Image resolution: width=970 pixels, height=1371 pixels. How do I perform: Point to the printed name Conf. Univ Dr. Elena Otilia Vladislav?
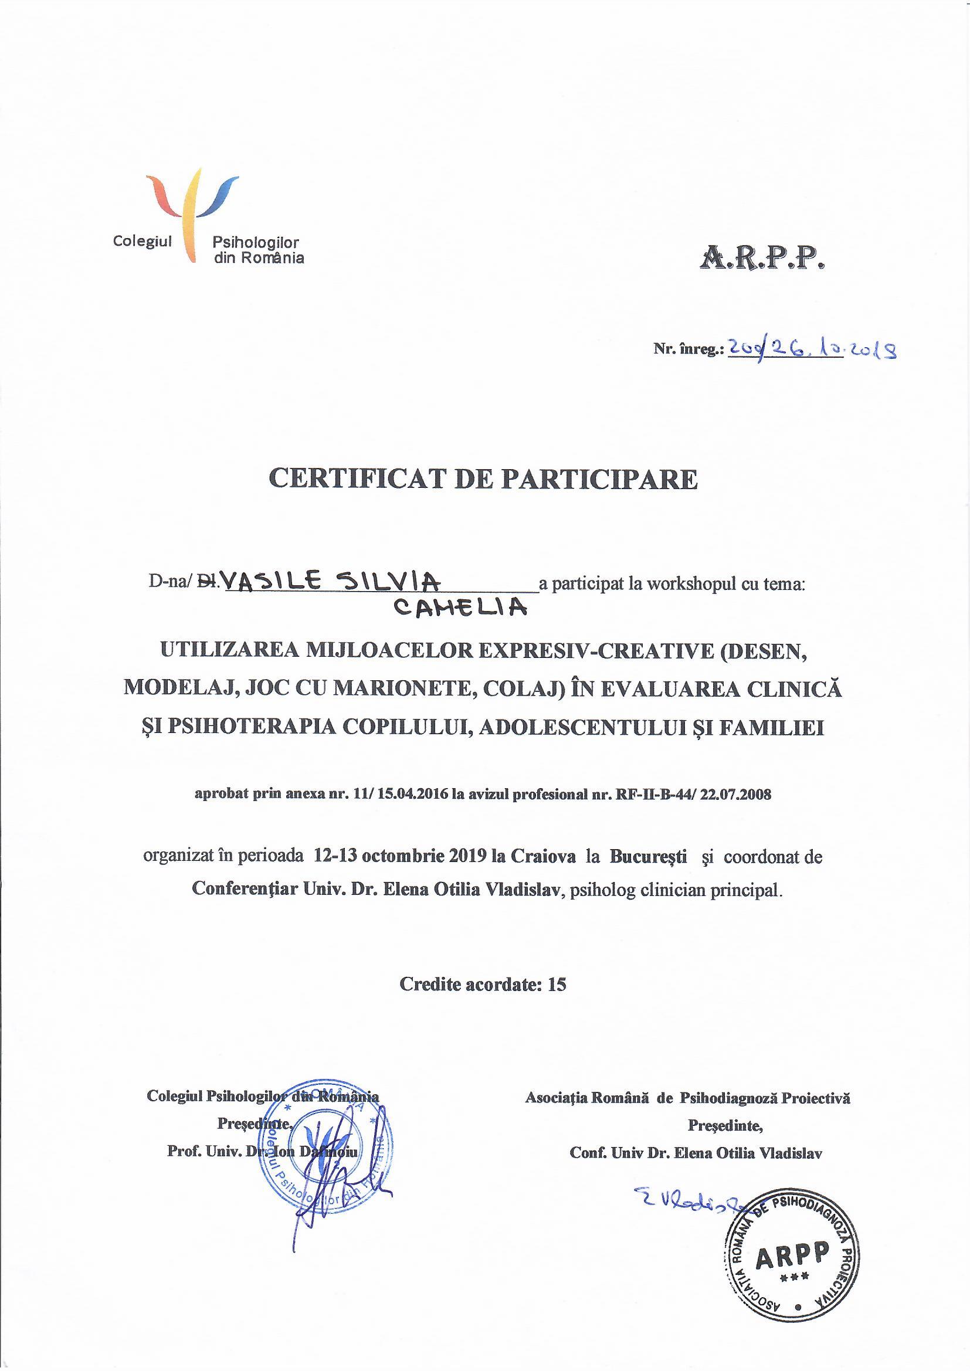pos(696,1153)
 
